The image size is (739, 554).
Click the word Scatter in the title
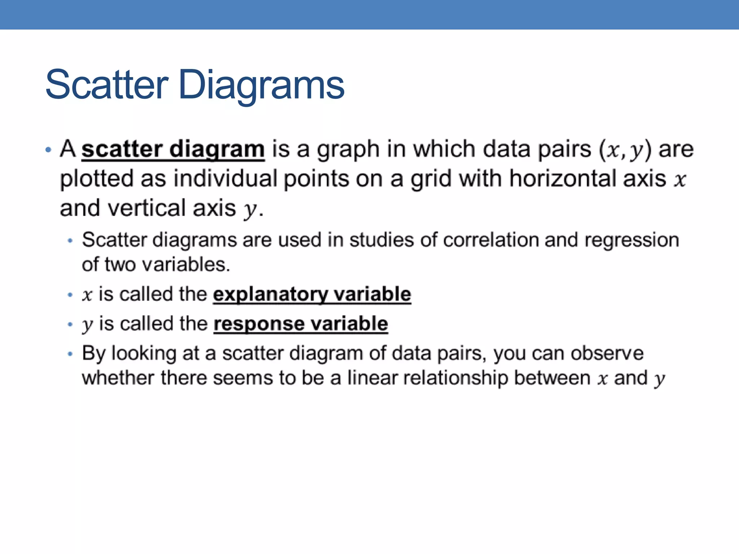tap(107, 85)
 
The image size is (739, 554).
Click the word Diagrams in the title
tap(261, 86)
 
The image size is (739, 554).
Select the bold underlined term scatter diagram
tap(173, 149)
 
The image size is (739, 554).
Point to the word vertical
tap(147, 208)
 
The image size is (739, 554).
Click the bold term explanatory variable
tap(312, 294)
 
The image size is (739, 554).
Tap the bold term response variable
tap(301, 324)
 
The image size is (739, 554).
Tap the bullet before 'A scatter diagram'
tap(48, 150)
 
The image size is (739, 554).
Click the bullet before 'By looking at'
tap(70, 354)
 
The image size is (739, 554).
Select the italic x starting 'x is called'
tap(87, 295)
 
